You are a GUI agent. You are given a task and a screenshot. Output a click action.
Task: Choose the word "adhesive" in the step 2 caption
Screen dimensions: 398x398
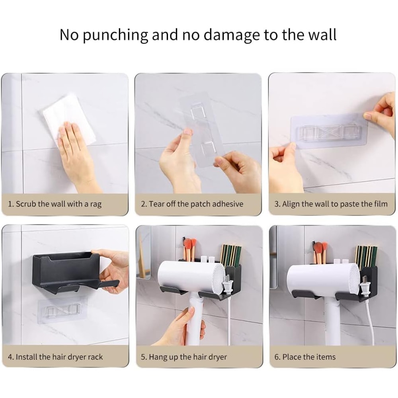point(228,204)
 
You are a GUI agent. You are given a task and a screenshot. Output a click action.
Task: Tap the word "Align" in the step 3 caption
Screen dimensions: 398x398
point(291,204)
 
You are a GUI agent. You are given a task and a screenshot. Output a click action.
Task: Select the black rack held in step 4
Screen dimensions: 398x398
point(68,271)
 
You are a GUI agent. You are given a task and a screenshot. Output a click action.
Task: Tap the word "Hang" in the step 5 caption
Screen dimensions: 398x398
point(158,357)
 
